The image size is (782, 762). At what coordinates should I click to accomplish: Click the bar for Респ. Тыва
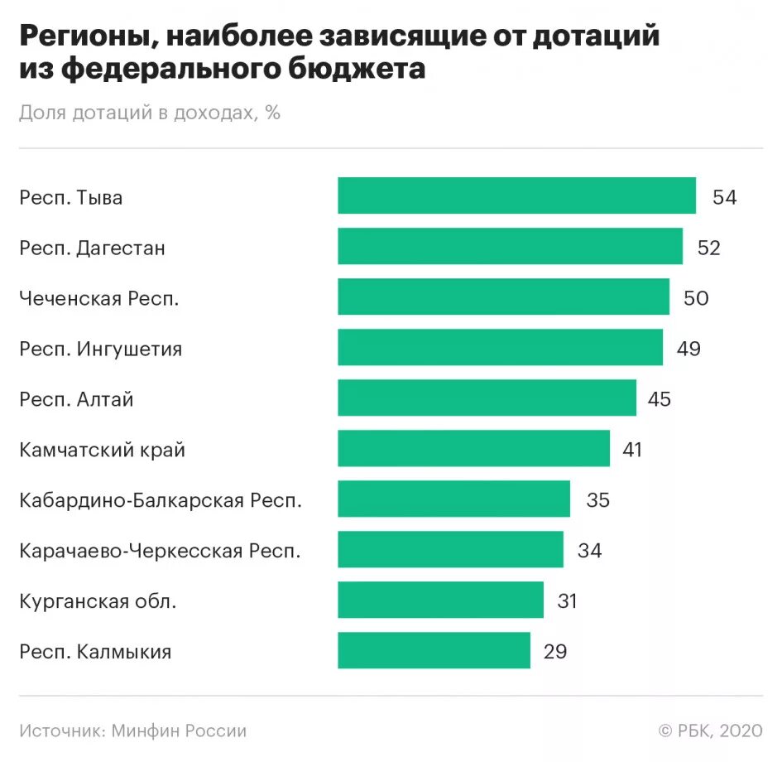(x=516, y=196)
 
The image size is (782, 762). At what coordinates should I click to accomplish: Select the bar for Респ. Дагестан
(x=510, y=247)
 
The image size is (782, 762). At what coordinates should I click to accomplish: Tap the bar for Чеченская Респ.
(x=503, y=297)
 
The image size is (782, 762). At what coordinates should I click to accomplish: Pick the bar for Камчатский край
(x=473, y=449)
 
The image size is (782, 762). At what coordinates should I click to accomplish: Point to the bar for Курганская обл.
(x=440, y=600)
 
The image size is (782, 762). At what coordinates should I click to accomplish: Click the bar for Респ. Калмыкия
(x=434, y=650)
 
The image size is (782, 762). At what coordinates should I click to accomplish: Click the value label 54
(x=724, y=197)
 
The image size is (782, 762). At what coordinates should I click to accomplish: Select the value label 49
(x=688, y=349)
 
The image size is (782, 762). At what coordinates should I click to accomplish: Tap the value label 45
(x=660, y=399)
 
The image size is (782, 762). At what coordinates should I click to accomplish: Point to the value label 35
(x=597, y=499)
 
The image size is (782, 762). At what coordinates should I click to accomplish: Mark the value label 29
(x=555, y=651)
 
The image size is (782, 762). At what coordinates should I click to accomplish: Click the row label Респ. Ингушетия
(x=101, y=349)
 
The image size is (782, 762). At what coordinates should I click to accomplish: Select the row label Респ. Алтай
(x=77, y=399)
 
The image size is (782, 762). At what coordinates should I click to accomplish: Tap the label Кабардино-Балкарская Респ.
(x=161, y=499)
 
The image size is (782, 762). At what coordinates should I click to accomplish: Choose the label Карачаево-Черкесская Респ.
(x=161, y=550)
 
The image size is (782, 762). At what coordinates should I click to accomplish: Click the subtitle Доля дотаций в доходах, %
(x=150, y=113)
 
